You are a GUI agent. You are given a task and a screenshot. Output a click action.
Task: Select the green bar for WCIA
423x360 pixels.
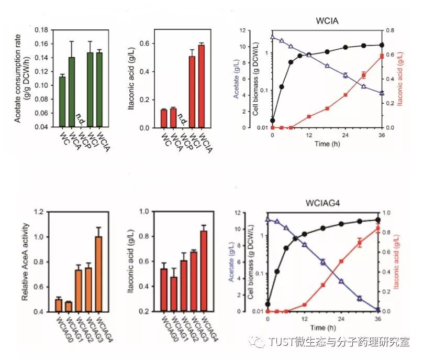click(x=99, y=90)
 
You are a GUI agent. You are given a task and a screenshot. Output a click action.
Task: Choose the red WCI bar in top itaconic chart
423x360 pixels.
click(x=192, y=92)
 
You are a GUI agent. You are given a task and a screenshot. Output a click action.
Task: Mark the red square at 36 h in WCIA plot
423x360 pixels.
click(x=381, y=57)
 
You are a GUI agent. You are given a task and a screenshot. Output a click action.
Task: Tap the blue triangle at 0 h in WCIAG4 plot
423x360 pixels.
click(x=268, y=220)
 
